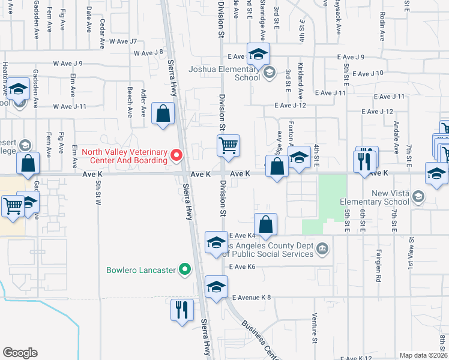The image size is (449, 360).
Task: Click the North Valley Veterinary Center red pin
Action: (x=176, y=156)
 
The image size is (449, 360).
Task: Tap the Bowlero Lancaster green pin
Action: (x=185, y=269)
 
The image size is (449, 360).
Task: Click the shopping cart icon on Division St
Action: (x=228, y=146)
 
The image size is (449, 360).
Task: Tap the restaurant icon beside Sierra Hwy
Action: (x=182, y=310)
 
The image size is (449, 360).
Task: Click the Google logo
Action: (x=20, y=353)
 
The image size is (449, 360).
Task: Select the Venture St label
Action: (x=314, y=329)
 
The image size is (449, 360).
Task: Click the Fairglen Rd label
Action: (x=379, y=266)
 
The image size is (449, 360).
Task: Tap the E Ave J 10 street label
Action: (x=368, y=73)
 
